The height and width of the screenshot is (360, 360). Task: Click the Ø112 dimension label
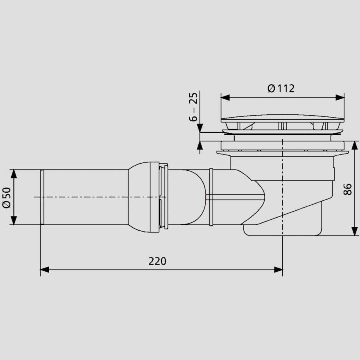click(x=281, y=88)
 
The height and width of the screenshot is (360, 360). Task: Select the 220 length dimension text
click(x=157, y=261)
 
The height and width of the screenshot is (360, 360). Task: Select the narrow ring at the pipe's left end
click(x=41, y=197)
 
